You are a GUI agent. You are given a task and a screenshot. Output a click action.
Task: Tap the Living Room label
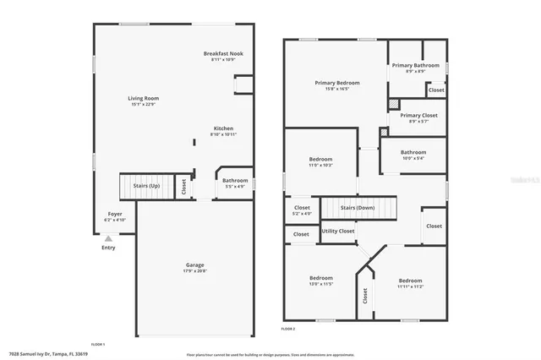144,99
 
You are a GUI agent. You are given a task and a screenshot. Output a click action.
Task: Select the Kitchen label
223,129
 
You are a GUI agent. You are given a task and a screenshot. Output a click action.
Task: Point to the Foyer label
115,214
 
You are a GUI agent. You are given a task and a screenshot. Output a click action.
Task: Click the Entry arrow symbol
108,239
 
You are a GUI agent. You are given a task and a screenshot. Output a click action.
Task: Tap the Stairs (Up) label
144,186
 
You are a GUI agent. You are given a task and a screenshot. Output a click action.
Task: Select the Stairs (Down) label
358,207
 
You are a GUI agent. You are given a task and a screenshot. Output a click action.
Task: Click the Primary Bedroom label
337,83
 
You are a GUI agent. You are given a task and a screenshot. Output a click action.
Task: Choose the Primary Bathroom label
415,65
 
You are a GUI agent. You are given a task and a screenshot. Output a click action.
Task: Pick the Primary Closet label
416,116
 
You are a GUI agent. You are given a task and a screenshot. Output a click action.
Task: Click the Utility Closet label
338,231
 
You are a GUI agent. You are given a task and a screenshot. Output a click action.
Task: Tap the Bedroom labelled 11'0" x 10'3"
320,159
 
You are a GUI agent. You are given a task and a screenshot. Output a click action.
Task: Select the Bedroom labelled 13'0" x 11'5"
320,278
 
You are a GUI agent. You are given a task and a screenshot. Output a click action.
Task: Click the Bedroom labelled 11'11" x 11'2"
410,281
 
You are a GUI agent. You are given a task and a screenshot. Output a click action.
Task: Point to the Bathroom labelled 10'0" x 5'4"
413,153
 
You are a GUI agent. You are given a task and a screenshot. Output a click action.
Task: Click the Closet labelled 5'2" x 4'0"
302,208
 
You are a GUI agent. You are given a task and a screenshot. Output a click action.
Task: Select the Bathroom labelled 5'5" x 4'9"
235,181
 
